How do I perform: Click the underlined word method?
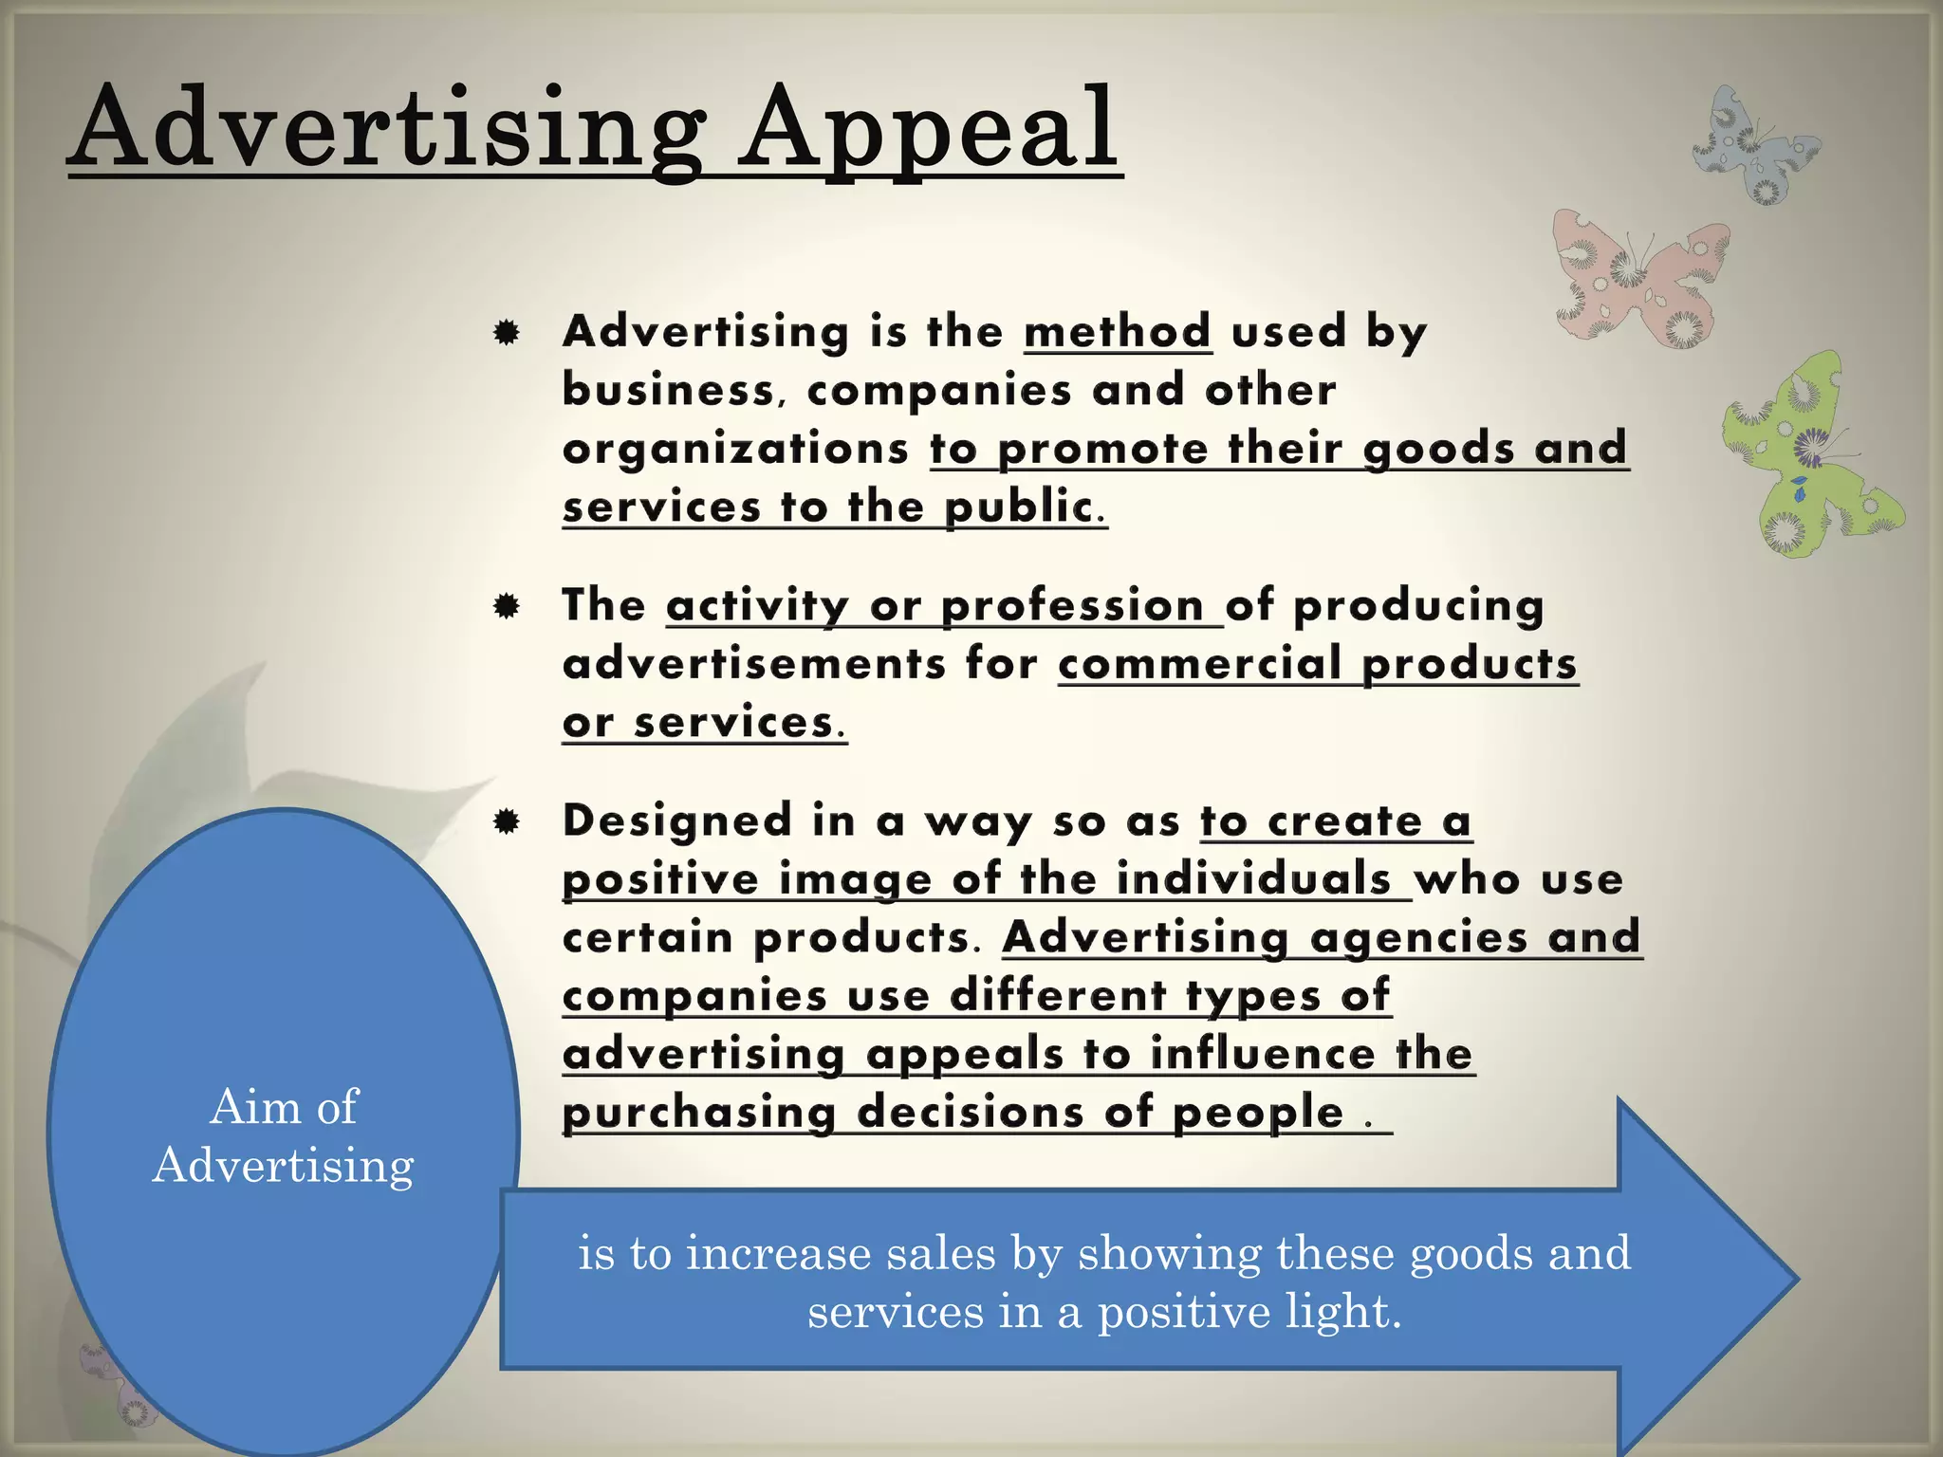(1118, 332)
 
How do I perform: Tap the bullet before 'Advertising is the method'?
(507, 333)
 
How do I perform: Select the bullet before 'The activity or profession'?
(507, 606)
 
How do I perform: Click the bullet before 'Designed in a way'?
(507, 821)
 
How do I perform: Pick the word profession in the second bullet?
(1072, 606)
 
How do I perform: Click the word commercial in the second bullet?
(1199, 664)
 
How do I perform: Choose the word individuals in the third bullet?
(1253, 879)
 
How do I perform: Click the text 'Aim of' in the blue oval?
(284, 1107)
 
